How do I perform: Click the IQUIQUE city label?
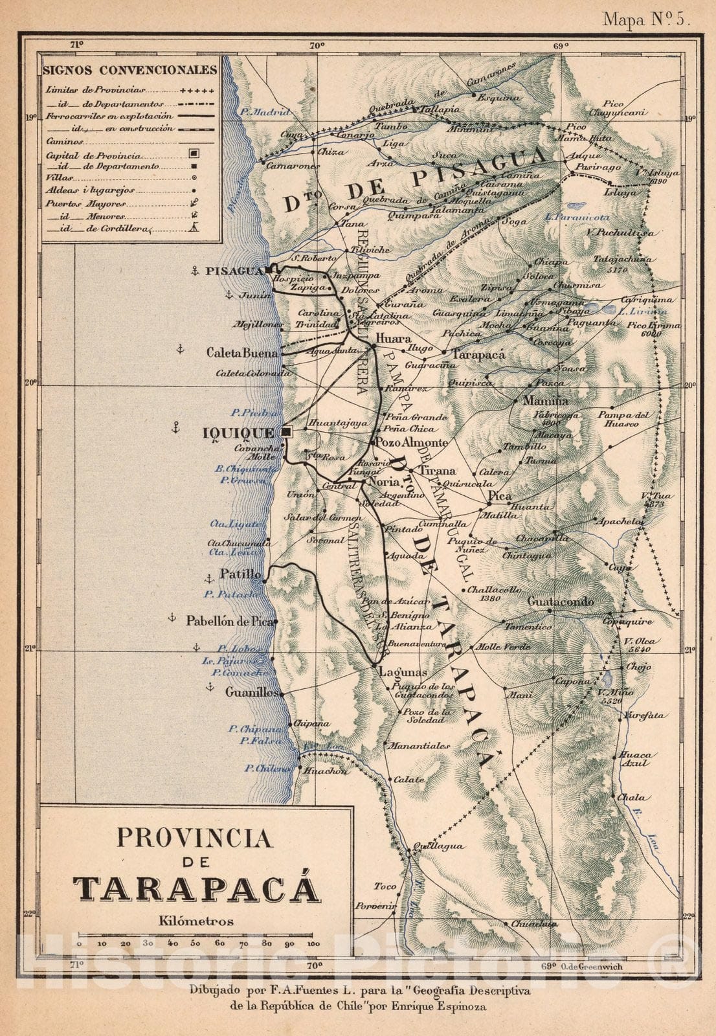[x=239, y=433]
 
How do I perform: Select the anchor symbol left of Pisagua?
[x=194, y=271]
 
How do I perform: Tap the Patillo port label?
[x=241, y=574]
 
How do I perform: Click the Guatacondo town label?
[x=561, y=602]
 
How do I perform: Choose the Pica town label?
[x=500, y=496]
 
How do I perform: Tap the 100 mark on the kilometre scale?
[x=313, y=943]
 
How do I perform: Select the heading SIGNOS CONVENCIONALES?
[x=129, y=69]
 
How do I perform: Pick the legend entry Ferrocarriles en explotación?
[x=109, y=115]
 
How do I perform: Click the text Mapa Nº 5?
[x=645, y=19]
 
